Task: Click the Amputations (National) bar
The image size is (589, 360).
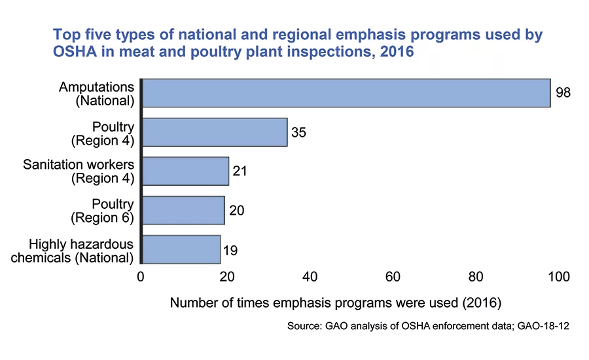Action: click(346, 93)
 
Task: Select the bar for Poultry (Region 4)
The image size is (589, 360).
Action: click(215, 132)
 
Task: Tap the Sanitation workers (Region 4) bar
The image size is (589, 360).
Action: click(185, 171)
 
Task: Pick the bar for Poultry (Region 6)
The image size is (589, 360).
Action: click(183, 210)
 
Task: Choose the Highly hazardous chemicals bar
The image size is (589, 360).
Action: click(181, 249)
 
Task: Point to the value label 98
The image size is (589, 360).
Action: click(563, 93)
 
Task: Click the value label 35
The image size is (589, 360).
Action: click(299, 132)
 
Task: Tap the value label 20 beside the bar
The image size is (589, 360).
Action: click(236, 210)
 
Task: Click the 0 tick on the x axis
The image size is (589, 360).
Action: click(141, 278)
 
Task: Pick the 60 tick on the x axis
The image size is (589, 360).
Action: click(393, 278)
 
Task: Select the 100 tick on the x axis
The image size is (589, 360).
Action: click(560, 278)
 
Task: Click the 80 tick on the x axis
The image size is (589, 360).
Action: click(476, 278)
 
